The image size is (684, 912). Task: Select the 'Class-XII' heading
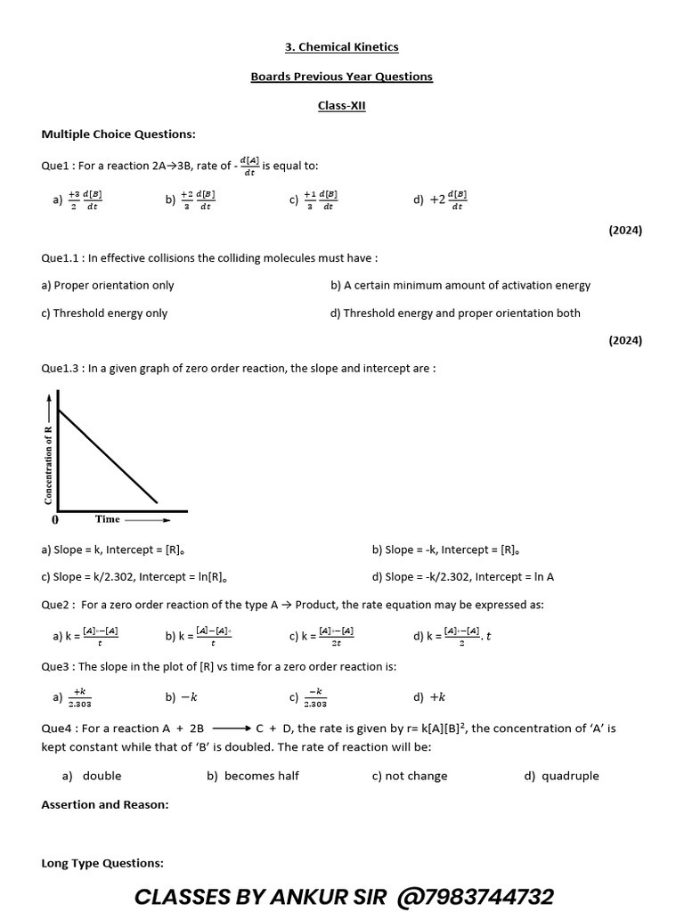[341, 106]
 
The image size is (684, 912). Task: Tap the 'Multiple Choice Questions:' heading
[118, 134]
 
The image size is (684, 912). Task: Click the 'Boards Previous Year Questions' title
[341, 77]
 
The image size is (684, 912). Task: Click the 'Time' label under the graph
[108, 518]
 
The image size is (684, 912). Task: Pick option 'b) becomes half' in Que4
[253, 776]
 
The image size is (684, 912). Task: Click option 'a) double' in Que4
[92, 776]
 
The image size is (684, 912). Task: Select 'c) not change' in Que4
[410, 776]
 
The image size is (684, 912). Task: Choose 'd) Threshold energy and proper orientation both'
[455, 313]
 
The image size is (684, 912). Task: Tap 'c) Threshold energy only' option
[104, 313]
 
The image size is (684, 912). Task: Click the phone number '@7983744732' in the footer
[471, 896]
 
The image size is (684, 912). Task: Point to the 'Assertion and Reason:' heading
[105, 804]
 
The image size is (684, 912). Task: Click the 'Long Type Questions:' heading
[102, 863]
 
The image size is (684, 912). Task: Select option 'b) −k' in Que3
[181, 697]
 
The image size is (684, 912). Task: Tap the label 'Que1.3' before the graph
[61, 368]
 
